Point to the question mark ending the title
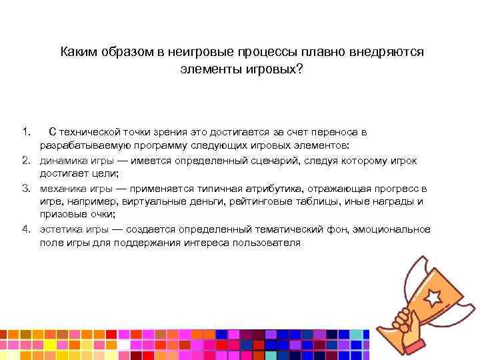point(299,69)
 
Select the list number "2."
point(26,160)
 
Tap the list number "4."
point(26,229)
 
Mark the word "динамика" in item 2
point(61,160)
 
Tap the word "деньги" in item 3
point(173,201)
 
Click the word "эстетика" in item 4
point(60,229)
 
